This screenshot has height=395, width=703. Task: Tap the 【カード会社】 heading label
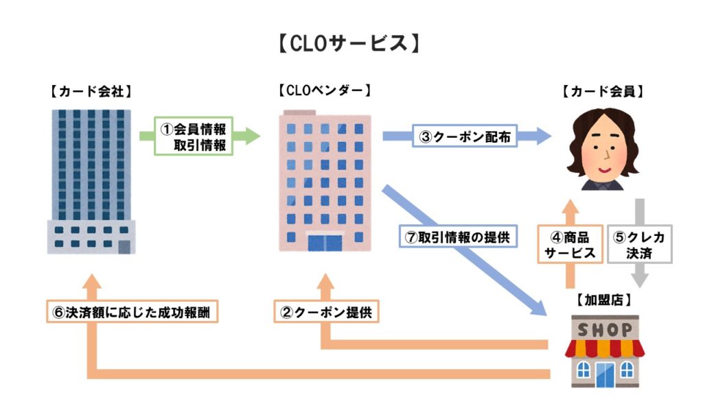click(x=91, y=91)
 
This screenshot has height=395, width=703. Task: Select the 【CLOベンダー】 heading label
click(x=325, y=90)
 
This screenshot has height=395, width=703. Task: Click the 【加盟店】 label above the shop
click(x=602, y=300)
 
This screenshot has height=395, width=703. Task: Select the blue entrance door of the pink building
click(x=324, y=243)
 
